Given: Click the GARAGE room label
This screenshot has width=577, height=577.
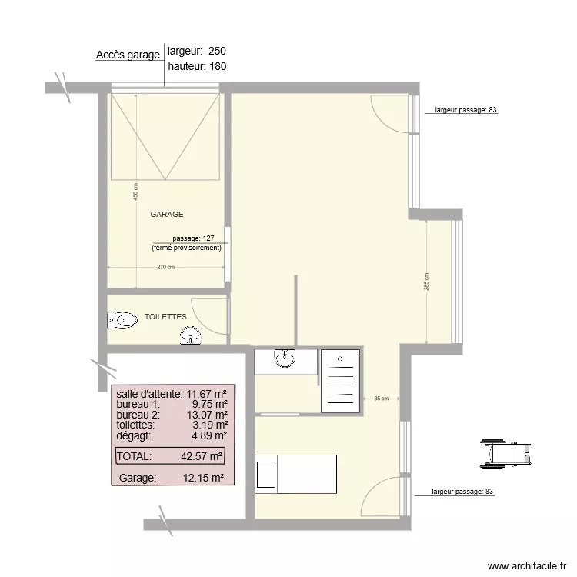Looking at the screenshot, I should click(166, 215).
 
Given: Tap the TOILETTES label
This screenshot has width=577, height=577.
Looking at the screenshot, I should click(165, 316).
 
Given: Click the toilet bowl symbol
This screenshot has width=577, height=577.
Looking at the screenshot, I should click(122, 320).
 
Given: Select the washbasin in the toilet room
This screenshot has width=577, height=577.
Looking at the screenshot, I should click(190, 335).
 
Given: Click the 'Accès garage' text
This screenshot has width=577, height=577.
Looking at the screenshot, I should click(128, 55).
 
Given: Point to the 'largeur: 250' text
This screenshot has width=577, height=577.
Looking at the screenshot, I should click(196, 51).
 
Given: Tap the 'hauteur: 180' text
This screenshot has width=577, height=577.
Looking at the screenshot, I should click(196, 66).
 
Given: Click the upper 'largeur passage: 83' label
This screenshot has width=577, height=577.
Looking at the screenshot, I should click(466, 110).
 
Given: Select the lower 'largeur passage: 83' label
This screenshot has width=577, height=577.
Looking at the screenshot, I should click(463, 491).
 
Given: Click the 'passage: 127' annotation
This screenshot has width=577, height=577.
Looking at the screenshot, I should click(193, 238).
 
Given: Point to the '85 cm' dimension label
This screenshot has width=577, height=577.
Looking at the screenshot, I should click(381, 399).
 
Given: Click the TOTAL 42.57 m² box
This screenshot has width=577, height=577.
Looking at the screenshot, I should click(170, 456).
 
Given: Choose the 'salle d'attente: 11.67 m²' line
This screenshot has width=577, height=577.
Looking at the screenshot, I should click(171, 393).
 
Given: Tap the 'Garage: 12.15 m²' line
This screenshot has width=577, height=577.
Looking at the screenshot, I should click(171, 478).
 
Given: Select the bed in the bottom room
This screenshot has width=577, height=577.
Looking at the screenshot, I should click(295, 472).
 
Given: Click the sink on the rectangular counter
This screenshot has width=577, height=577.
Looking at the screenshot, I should click(285, 357).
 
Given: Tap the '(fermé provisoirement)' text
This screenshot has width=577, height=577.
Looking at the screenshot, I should click(186, 248).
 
